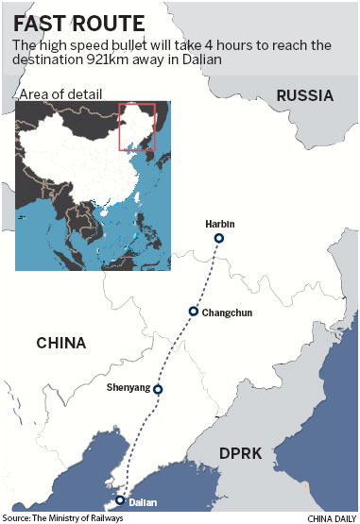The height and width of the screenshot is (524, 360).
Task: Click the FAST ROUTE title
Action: pyautogui.click(x=75, y=22)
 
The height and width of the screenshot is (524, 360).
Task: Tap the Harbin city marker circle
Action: pyautogui.click(x=218, y=239)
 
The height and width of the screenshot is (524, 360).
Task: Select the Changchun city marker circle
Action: pyautogui.click(x=193, y=311)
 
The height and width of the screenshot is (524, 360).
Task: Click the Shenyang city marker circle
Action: pyautogui.click(x=158, y=389)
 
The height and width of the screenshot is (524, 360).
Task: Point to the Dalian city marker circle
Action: pyautogui.click(x=120, y=500)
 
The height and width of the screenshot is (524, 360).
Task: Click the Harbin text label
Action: pyautogui.click(x=218, y=224)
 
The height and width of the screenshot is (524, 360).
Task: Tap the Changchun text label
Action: pyautogui.click(x=228, y=312)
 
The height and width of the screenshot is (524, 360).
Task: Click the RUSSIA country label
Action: pyautogui.click(x=304, y=95)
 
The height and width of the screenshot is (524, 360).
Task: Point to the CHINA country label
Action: pyautogui.click(x=61, y=342)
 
